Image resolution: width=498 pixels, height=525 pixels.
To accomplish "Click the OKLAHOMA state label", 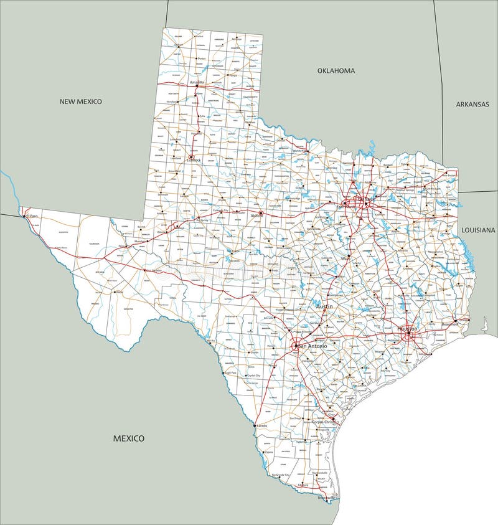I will [x=336, y=71].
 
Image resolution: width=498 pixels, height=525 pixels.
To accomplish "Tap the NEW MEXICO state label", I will [x=80, y=102].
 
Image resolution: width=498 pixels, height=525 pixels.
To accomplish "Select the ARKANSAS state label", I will [x=472, y=104].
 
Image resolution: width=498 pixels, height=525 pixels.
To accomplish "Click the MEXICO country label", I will [x=129, y=438].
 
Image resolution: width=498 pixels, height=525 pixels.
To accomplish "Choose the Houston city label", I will [x=408, y=328].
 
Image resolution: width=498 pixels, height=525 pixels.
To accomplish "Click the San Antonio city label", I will [x=312, y=346].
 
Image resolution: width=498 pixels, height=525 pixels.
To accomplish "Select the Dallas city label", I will [x=364, y=199].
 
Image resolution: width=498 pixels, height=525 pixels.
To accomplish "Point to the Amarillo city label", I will [x=197, y=82].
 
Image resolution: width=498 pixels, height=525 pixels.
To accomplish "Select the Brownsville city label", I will [x=327, y=498].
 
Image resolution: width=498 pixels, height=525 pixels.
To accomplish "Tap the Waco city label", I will [x=344, y=257].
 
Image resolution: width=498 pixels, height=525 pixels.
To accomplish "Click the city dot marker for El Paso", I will [x=26, y=216].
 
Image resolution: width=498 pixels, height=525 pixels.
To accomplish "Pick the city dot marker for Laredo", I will [x=255, y=425].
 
